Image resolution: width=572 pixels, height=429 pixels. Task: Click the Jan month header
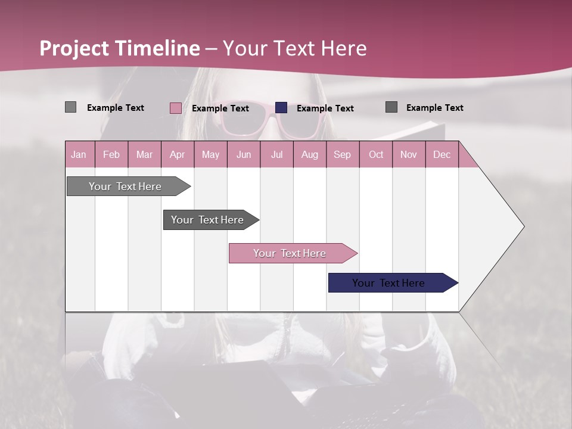pos(79,155)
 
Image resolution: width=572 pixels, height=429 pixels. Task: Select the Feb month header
pos(111,155)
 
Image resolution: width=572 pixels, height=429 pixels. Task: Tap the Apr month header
pos(177,155)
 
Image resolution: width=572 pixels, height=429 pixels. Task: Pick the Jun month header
pos(244,155)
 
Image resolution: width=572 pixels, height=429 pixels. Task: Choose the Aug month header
pos(309,155)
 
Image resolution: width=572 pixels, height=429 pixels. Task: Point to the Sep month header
pos(342,155)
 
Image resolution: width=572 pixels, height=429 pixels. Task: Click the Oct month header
pos(376,155)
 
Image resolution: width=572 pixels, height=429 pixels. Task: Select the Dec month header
pos(442,155)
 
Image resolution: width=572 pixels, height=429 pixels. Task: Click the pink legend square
pos(175,108)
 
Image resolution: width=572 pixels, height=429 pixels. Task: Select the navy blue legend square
pos(281,108)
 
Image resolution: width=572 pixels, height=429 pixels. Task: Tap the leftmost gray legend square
pos(70,107)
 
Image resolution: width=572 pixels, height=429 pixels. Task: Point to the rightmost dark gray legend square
pos(391,107)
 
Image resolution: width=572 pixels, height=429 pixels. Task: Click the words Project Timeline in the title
pos(120,49)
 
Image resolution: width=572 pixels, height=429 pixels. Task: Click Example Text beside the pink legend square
pos(220,108)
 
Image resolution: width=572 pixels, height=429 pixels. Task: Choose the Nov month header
pos(409,155)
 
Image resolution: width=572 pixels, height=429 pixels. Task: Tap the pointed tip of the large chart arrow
pos(523,226)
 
